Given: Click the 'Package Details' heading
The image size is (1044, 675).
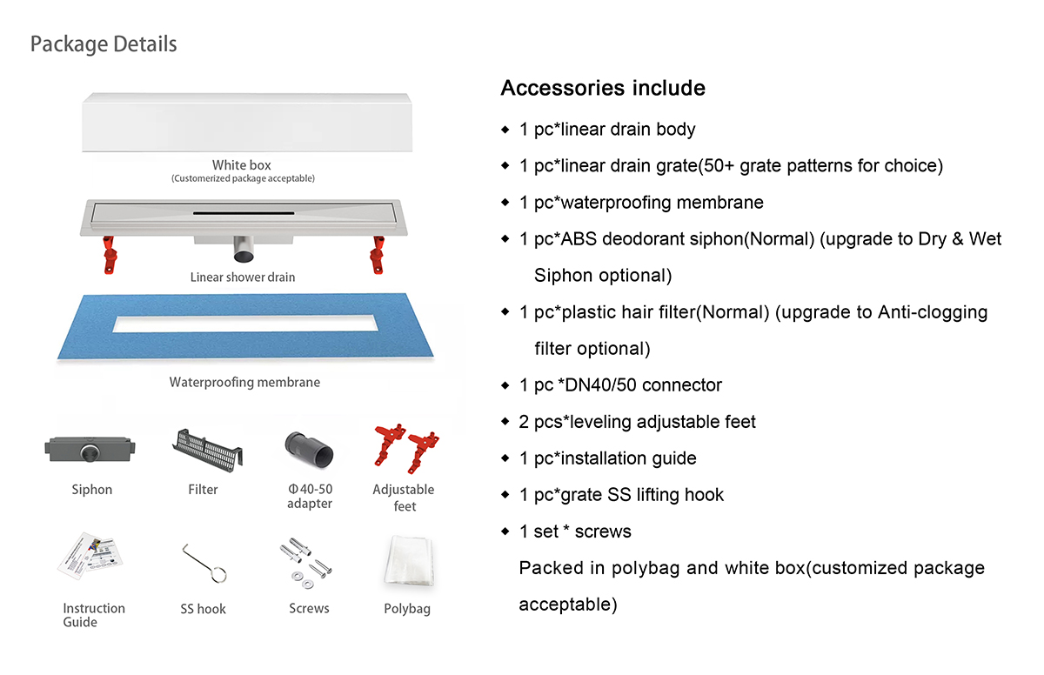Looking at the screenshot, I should click(x=104, y=44).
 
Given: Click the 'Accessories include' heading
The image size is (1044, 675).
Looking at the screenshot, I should click(x=603, y=88).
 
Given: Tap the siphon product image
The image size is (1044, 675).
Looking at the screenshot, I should click(x=91, y=450).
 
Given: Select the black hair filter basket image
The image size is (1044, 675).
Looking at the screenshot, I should click(x=208, y=448).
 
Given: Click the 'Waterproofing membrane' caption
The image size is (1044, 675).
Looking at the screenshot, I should click(x=244, y=382).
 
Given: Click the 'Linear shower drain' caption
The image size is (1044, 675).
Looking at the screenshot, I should click(x=243, y=277).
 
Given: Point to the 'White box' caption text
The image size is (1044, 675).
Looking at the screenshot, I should click(x=242, y=165).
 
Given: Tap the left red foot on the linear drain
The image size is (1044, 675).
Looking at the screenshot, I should click(x=110, y=257).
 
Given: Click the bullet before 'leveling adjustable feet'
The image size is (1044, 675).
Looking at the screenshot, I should click(x=505, y=422).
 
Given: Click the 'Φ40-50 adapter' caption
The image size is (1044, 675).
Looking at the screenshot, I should click(x=310, y=497).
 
